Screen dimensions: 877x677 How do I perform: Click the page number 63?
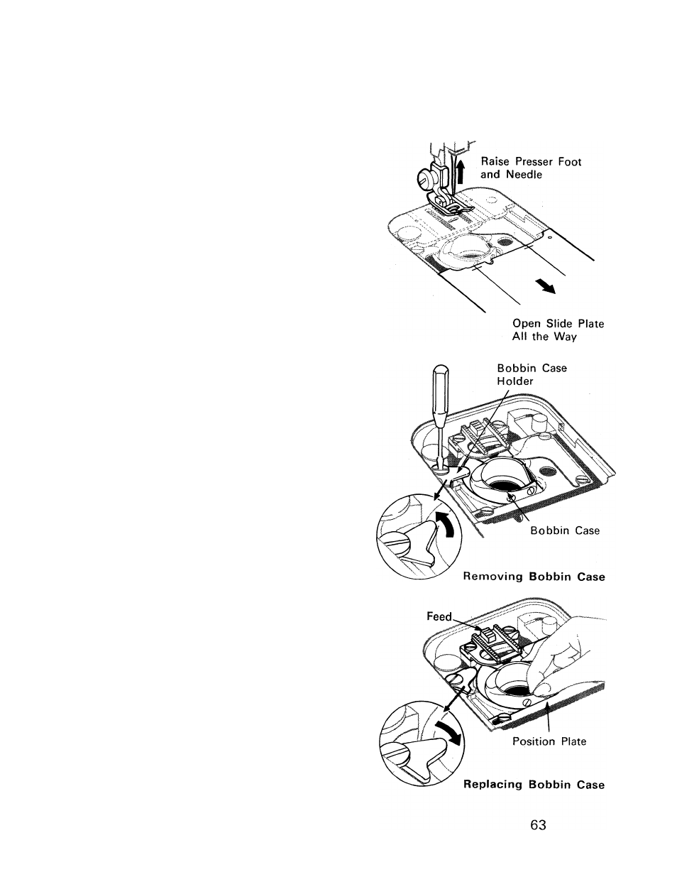click(x=538, y=825)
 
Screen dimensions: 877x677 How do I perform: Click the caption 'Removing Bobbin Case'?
click(x=534, y=577)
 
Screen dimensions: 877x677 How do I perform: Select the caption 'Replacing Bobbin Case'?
click(x=534, y=785)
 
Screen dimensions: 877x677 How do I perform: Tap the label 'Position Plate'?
click(x=549, y=741)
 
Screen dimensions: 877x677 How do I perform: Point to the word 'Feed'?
click(x=439, y=616)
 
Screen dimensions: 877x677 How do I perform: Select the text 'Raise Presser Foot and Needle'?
click(x=531, y=168)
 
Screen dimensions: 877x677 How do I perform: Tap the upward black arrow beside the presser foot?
click(x=460, y=170)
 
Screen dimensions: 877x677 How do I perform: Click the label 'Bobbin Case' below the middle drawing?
click(x=565, y=530)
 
